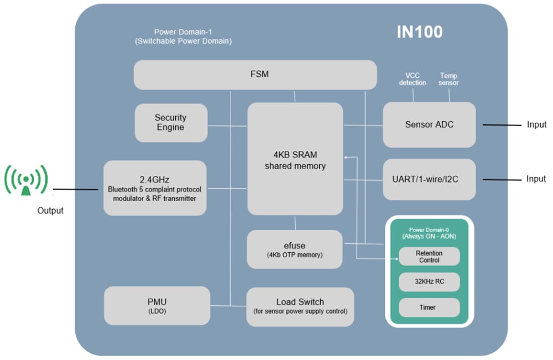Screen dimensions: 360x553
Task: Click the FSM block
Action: tap(255, 74)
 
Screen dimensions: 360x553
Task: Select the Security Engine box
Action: tap(171, 123)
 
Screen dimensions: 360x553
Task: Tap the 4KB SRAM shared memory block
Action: tap(295, 159)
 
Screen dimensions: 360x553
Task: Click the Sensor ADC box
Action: tap(429, 124)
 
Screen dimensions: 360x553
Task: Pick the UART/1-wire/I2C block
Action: tap(429, 179)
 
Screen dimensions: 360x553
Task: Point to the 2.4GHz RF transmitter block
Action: tap(155, 188)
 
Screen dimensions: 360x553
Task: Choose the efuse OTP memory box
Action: tap(295, 249)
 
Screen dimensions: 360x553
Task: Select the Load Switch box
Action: tap(300, 306)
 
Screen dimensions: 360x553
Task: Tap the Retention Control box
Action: tap(429, 257)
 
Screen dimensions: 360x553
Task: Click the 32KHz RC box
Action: tap(429, 281)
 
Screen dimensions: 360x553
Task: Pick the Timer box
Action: tap(429, 307)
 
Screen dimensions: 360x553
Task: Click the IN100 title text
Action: tap(420, 32)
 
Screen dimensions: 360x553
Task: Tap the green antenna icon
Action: tap(27, 180)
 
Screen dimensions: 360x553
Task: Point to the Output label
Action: tap(50, 211)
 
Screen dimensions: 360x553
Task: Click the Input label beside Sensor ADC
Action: tap(536, 125)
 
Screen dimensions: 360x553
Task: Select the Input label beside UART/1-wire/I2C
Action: tap(536, 179)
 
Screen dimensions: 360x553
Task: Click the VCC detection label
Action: tap(413, 79)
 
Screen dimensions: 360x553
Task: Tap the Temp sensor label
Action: tap(448, 79)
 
